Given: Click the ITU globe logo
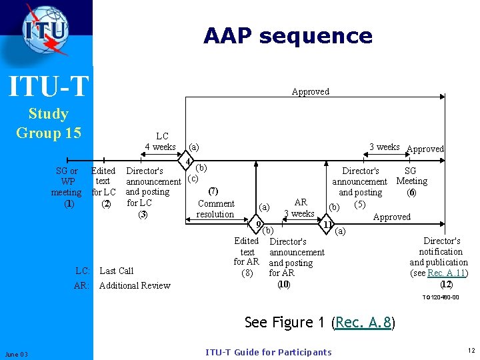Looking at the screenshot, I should pyautogui.click(x=45, y=29).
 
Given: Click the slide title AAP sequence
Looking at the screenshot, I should pyautogui.click(x=288, y=35).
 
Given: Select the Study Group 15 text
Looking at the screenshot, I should pyautogui.click(x=48, y=123).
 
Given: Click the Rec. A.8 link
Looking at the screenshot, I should pyautogui.click(x=363, y=323).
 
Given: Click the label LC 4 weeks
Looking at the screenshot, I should pyautogui.click(x=161, y=141).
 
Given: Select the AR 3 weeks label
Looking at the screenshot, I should pyautogui.click(x=300, y=207).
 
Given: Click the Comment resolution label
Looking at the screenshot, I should pyautogui.click(x=215, y=209).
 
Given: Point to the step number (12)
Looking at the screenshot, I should pyautogui.click(x=446, y=284).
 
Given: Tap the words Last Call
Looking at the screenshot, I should pyautogui.click(x=116, y=271).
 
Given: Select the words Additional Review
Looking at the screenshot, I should pyautogui.click(x=134, y=285).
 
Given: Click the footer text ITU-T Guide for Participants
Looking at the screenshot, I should pyautogui.click(x=268, y=352).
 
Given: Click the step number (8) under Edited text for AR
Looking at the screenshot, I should pyautogui.click(x=247, y=273).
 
